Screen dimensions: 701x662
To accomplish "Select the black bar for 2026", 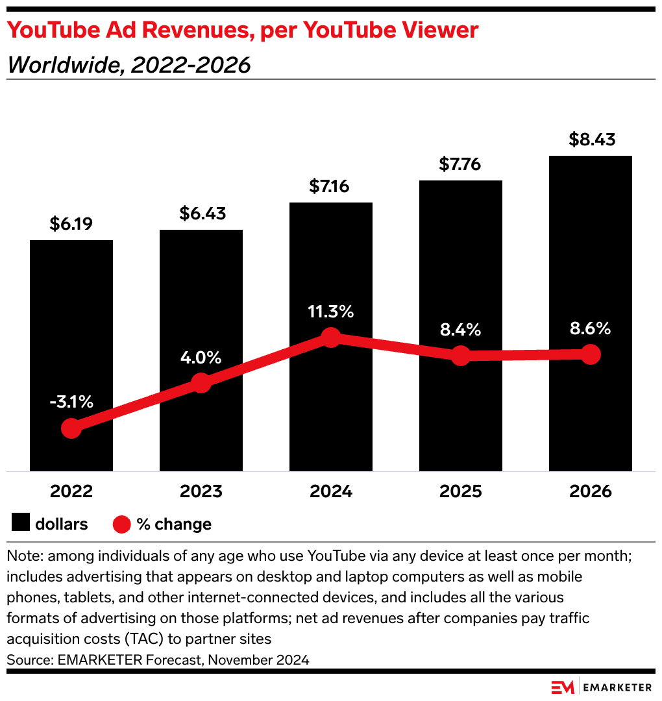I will click(x=590, y=260).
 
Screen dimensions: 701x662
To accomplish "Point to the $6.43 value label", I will click(x=201, y=214).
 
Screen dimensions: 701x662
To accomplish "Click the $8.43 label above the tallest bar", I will click(x=590, y=140).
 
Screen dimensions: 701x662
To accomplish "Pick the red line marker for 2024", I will click(x=331, y=338).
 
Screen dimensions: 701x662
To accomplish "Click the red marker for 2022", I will click(x=71, y=428).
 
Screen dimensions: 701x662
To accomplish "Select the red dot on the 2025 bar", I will click(x=460, y=355).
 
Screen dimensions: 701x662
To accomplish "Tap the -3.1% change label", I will click(x=71, y=402).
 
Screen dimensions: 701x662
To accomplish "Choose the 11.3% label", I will click(x=331, y=312).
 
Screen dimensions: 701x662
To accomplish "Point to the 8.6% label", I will click(x=590, y=328).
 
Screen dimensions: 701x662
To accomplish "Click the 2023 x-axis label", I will click(x=201, y=491).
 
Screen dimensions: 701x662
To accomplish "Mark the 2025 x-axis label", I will click(x=460, y=491).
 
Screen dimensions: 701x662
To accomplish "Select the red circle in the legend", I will click(x=122, y=524).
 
